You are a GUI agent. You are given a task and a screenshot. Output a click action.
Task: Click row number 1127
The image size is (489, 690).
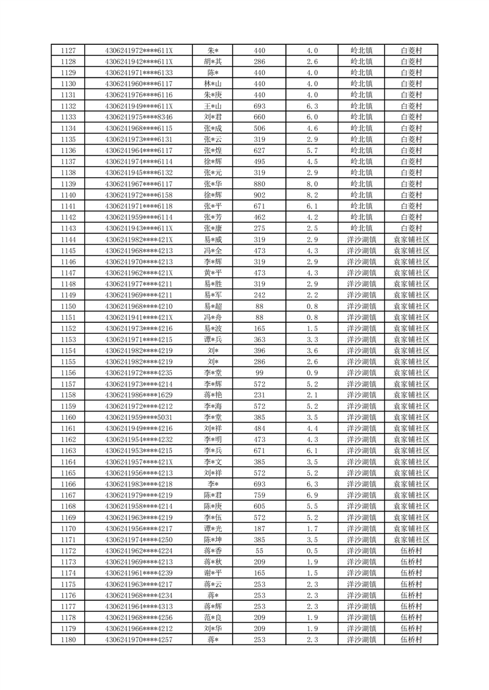tap(69, 50)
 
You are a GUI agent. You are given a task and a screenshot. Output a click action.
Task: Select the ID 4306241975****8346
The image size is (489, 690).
tap(139, 117)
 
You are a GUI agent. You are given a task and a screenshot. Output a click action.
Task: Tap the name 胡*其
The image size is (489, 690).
tap(214, 61)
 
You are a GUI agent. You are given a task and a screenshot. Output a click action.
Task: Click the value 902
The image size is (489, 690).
tap(259, 195)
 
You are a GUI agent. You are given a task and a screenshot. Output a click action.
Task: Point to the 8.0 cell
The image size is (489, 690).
tap(312, 184)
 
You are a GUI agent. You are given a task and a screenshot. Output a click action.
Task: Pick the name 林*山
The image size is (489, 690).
tap(214, 84)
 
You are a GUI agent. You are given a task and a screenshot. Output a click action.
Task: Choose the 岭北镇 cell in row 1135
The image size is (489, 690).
tap(362, 140)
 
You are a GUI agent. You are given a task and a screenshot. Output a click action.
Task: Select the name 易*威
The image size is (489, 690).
tap(214, 239)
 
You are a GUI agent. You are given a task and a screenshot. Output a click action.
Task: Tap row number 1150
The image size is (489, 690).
tap(69, 306)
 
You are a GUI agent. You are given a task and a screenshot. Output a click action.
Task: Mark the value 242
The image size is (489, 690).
tap(259, 295)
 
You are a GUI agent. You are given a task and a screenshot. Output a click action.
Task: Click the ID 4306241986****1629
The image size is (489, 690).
tap(139, 395)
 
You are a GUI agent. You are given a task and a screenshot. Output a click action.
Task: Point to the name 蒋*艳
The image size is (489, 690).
tap(214, 395)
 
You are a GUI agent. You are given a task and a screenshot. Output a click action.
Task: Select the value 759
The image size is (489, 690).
tap(259, 495)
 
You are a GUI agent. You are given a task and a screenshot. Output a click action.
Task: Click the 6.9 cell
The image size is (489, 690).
tap(312, 495)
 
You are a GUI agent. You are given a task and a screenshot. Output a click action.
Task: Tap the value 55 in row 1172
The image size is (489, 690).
tap(259, 550)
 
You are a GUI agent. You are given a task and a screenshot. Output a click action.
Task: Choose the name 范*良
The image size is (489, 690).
tap(214, 617)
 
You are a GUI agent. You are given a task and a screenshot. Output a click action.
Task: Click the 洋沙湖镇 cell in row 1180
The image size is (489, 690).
tap(362, 640)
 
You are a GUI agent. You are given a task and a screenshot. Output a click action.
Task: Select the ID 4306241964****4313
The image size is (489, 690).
tap(139, 606)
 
